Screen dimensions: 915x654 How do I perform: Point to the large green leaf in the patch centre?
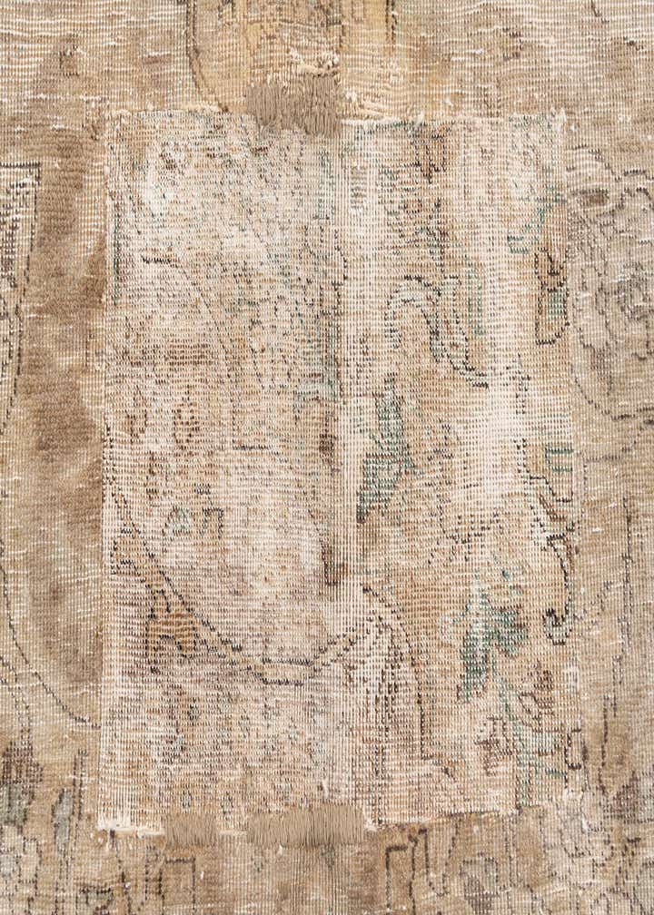(385, 454)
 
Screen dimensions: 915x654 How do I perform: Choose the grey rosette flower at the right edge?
(627, 309)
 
